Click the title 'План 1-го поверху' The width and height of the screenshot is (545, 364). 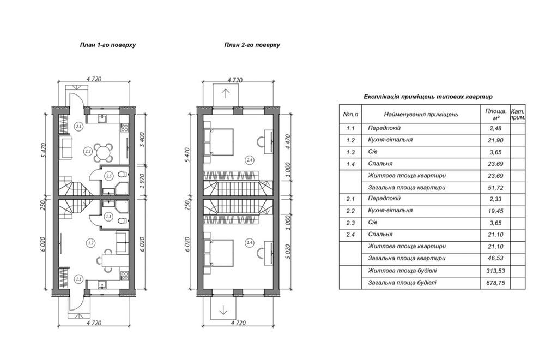coord(108,45)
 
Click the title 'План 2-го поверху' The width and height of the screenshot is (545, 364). coord(252,45)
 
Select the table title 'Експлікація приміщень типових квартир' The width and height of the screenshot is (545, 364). coord(428,97)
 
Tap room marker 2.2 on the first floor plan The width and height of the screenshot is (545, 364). coord(88,151)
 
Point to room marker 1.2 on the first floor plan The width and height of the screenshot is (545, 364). coord(90,243)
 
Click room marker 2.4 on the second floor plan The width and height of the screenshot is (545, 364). coord(249,160)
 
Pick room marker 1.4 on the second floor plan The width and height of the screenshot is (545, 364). coord(249,243)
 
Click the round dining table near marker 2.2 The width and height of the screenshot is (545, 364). coord(104,152)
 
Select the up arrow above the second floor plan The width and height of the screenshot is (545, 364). coord(226,93)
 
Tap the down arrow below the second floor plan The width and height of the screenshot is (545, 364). coord(223,310)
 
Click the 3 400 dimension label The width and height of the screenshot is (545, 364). coord(142,139)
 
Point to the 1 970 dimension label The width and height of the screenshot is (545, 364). coord(142,181)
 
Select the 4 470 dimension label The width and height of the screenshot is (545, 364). coord(287,142)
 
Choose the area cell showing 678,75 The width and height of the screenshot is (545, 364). coord(495,283)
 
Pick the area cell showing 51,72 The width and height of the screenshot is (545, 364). coord(495,188)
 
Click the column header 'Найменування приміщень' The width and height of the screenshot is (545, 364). coord(421,114)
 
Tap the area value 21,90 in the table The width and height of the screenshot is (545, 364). coord(495,140)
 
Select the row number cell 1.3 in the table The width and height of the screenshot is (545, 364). coord(350,152)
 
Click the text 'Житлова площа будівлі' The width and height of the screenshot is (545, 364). coord(403,271)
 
